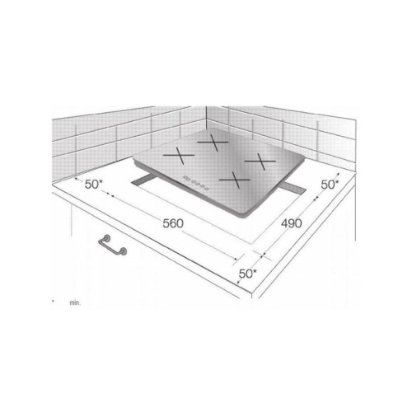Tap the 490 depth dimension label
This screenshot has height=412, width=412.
pyautogui.click(x=288, y=223)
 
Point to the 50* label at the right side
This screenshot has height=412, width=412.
pyautogui.click(x=329, y=185)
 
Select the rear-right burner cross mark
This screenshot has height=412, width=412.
pyautogui.click(x=258, y=161)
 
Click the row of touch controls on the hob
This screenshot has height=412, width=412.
pyautogui.click(x=193, y=183)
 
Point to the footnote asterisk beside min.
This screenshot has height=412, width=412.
pyautogui.click(x=53, y=300)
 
